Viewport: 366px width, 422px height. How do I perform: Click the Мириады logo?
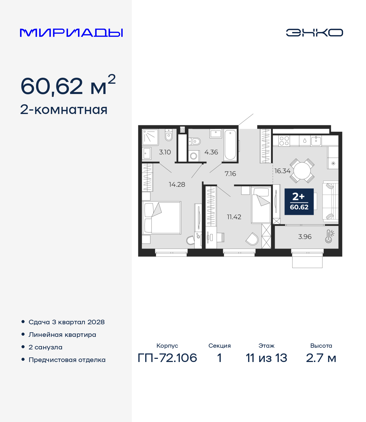(71, 33)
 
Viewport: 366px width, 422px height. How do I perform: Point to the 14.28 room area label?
(177, 185)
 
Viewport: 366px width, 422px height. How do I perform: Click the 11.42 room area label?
(234, 217)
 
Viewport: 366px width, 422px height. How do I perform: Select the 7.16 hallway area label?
(230, 174)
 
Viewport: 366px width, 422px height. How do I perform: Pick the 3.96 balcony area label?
(305, 237)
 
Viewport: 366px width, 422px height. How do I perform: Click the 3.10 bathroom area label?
(165, 152)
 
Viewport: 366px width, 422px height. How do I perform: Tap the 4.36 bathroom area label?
(211, 152)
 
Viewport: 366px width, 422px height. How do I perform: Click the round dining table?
(302, 171)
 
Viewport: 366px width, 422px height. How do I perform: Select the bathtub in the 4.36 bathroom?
(230, 145)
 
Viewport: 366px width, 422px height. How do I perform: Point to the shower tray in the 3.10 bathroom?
(150, 137)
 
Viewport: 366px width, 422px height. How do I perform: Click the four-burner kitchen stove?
(284, 141)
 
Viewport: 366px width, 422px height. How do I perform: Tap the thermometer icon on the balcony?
(329, 236)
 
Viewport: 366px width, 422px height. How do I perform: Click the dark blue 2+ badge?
(299, 201)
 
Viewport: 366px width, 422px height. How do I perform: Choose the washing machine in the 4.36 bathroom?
(194, 156)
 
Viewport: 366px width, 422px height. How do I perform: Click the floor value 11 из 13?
(266, 358)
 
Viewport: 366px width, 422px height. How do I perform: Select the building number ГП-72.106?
(167, 358)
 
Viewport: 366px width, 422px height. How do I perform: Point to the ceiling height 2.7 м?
(321, 358)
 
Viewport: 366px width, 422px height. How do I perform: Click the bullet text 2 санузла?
(45, 347)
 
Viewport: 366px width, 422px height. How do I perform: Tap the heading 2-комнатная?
(63, 110)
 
